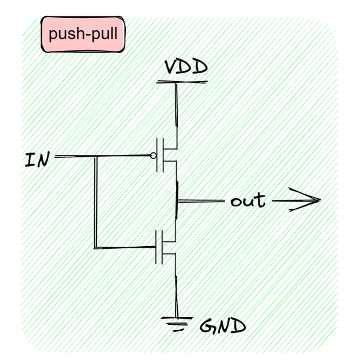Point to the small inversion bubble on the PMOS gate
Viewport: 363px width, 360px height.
point(154,156)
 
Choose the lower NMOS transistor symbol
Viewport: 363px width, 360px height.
point(166,247)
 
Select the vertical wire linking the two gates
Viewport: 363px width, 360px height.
point(96,203)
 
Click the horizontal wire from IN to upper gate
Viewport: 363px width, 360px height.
point(121,156)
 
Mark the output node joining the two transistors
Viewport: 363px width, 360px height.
point(176,200)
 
